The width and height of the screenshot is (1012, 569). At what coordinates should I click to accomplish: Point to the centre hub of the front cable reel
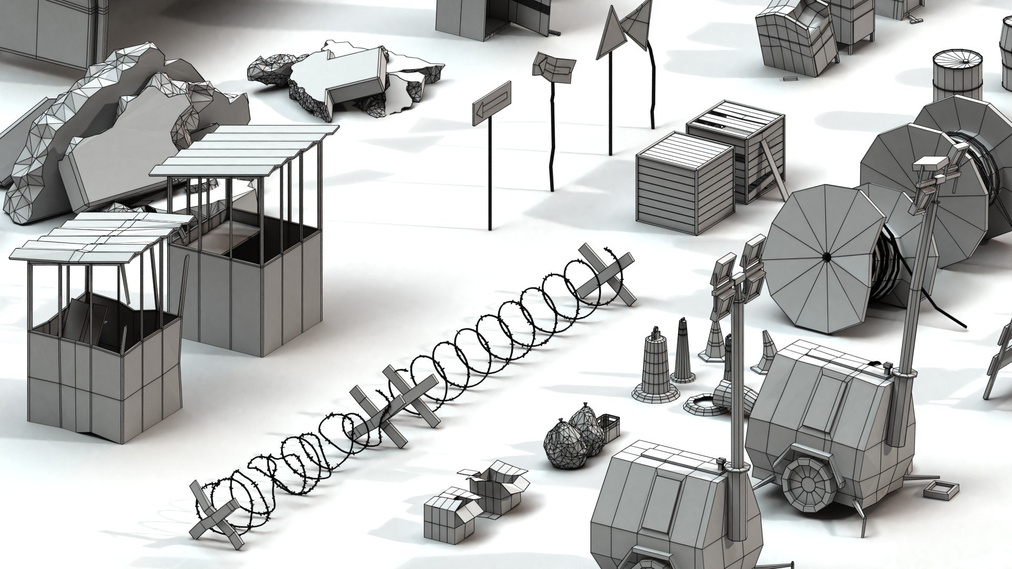(826, 257)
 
